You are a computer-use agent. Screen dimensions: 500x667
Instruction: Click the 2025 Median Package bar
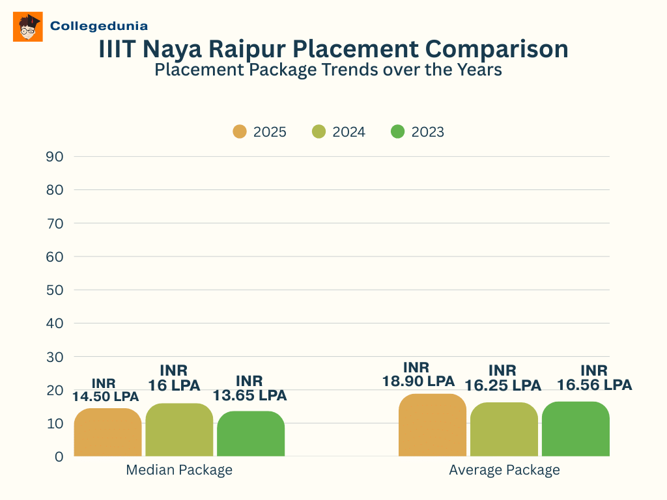pyautogui.click(x=107, y=432)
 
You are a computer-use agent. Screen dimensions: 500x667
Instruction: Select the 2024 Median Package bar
pyautogui.click(x=179, y=430)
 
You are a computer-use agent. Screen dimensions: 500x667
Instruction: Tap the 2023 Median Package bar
pyautogui.click(x=251, y=434)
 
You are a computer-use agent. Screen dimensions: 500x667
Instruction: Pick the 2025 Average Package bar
pyautogui.click(x=433, y=425)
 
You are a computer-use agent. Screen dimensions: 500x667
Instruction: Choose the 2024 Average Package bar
pyautogui.click(x=504, y=429)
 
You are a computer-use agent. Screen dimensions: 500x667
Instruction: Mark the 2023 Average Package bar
pyautogui.click(x=576, y=429)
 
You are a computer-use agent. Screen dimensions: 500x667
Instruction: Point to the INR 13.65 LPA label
pyautogui.click(x=249, y=388)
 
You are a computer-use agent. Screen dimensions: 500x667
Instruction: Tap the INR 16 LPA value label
pyautogui.click(x=174, y=378)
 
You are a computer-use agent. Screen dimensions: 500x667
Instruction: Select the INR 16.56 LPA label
pyautogui.click(x=594, y=378)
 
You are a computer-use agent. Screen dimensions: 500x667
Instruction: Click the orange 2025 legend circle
pyautogui.click(x=240, y=132)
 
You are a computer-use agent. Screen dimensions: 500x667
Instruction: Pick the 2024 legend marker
pyautogui.click(x=319, y=132)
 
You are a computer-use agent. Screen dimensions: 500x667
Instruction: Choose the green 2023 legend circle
pyautogui.click(x=397, y=132)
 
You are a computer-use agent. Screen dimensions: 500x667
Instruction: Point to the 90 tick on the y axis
pyautogui.click(x=55, y=156)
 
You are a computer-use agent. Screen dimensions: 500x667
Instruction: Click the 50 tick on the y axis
pyautogui.click(x=55, y=290)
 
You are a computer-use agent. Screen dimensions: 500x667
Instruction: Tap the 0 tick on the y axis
pyautogui.click(x=59, y=456)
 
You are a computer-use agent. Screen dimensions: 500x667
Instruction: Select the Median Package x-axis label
pyautogui.click(x=179, y=470)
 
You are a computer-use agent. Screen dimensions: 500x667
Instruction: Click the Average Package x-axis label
pyautogui.click(x=504, y=470)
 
